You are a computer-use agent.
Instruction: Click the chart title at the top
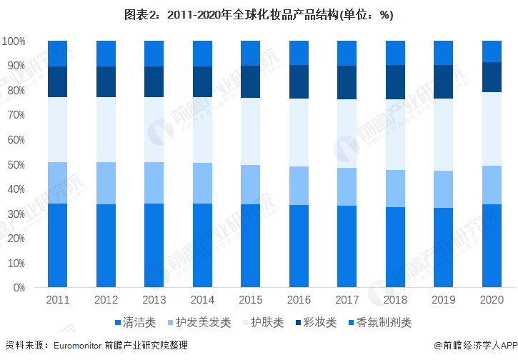click(x=259, y=14)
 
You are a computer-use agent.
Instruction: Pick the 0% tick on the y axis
click(x=19, y=288)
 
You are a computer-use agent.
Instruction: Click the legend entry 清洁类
click(x=134, y=322)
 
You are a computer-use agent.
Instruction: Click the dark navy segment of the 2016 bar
click(x=299, y=81)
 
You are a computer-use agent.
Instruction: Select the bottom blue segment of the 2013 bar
click(x=154, y=246)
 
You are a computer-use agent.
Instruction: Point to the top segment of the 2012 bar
click(x=106, y=54)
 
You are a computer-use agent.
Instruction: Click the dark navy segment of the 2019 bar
click(x=443, y=81)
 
